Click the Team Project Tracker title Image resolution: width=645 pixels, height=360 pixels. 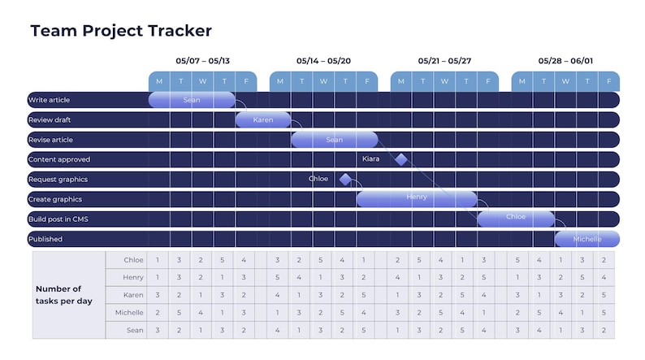121,31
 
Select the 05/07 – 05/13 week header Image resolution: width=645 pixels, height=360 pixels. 202,61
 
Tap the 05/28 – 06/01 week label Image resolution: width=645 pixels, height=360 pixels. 565,61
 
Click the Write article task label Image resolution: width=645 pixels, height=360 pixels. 50,100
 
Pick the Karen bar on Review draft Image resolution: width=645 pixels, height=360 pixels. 263,119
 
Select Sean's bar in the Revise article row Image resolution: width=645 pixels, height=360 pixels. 335,140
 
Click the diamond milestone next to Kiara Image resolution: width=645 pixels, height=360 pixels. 400,159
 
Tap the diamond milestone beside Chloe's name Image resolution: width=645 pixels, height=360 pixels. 345,179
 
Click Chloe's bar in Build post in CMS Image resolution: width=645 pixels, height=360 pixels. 516,219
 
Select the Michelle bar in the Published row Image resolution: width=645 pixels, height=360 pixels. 587,239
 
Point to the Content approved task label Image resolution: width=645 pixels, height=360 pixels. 59,159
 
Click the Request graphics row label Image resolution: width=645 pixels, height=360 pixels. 58,180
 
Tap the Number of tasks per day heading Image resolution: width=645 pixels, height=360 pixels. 63,295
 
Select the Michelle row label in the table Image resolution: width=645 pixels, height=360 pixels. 129,312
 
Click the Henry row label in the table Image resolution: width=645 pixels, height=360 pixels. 133,277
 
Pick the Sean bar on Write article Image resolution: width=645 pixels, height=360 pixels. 192,100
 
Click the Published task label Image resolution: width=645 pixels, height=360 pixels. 45,239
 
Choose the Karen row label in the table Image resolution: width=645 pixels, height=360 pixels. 133,295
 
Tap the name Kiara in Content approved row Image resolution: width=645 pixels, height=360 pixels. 371,159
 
